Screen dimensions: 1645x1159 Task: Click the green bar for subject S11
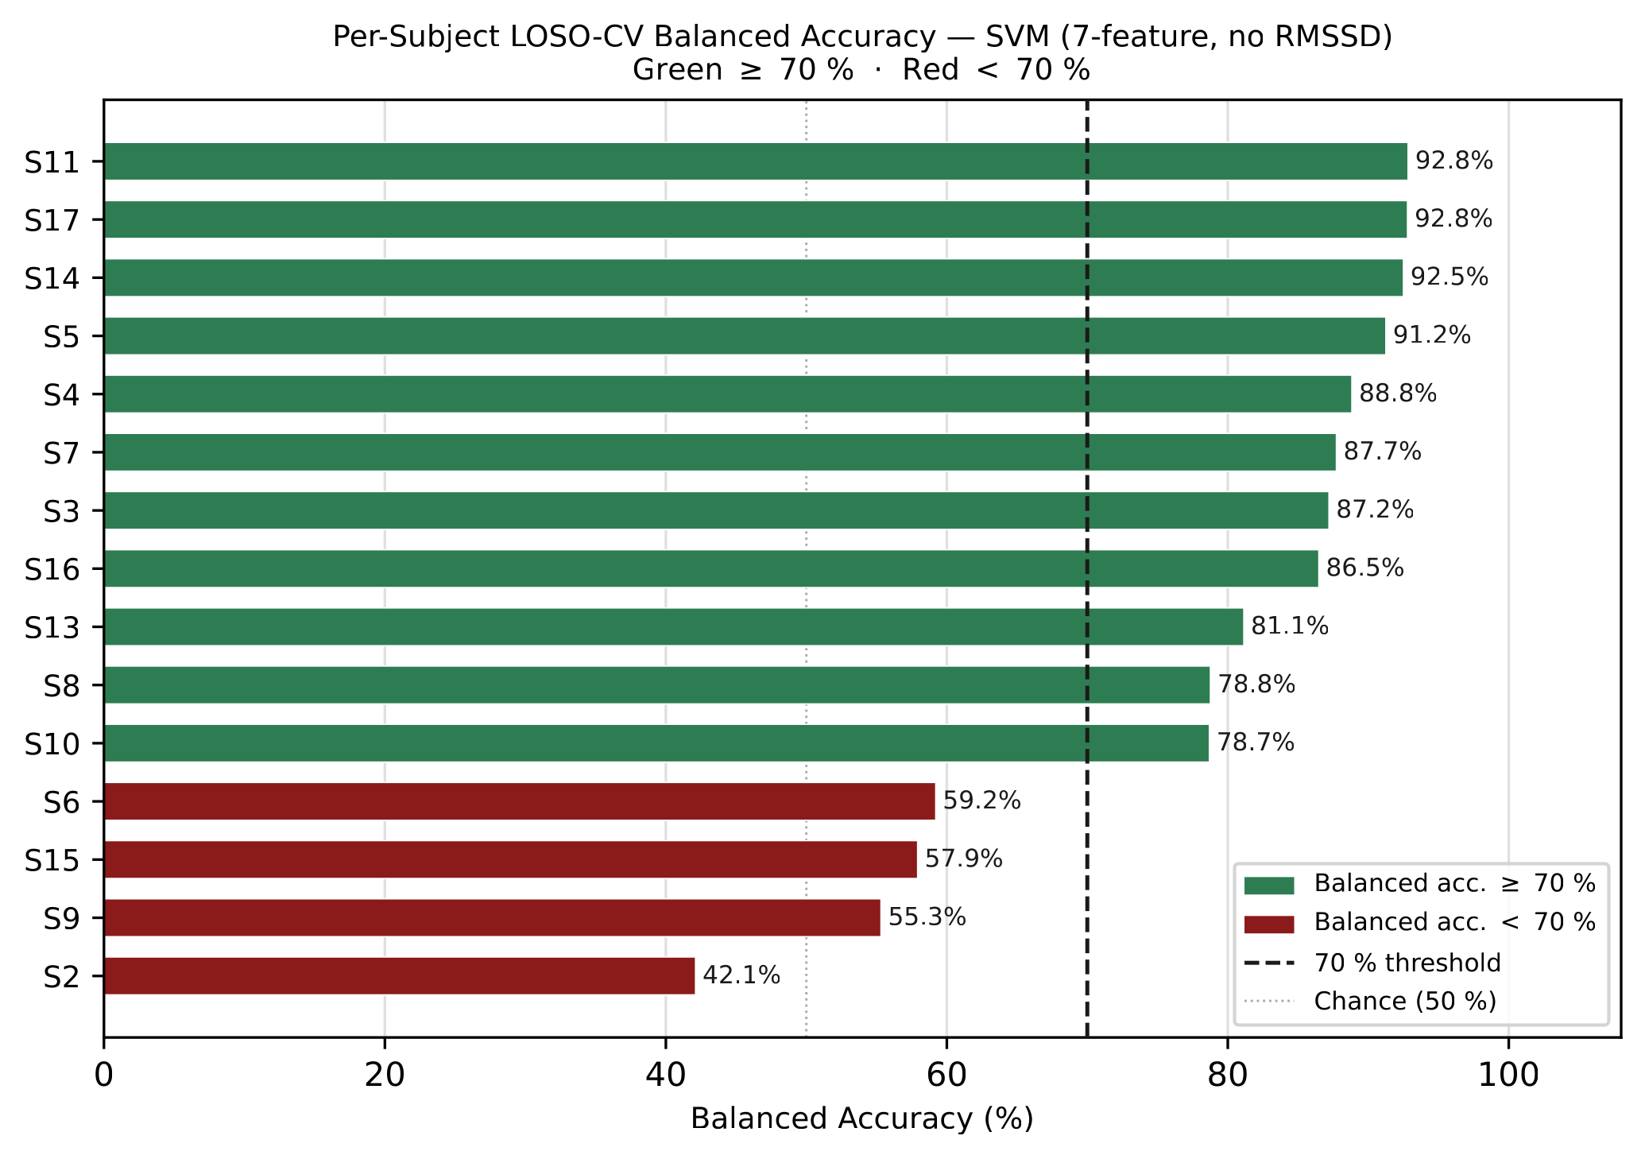(x=755, y=161)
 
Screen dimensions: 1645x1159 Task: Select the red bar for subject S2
(x=399, y=975)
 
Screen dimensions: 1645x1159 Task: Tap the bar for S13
(x=673, y=626)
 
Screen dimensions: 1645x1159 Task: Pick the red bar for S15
(x=510, y=859)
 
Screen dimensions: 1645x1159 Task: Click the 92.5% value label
(x=1450, y=277)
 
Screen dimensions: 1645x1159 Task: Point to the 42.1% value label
(x=741, y=975)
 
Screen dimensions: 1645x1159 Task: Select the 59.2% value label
(x=981, y=801)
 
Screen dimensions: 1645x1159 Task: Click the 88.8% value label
(x=1398, y=394)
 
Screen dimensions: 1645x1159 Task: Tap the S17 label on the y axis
(x=52, y=220)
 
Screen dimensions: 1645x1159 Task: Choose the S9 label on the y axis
(x=62, y=918)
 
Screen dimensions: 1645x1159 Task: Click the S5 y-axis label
(x=62, y=336)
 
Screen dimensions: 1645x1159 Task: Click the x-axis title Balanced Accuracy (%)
(x=862, y=1119)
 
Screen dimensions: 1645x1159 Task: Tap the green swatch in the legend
(x=1269, y=885)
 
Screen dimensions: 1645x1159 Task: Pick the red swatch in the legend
(x=1269, y=924)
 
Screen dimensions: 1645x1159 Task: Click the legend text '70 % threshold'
(x=1407, y=963)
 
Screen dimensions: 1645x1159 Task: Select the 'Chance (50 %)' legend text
(x=1405, y=1002)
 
